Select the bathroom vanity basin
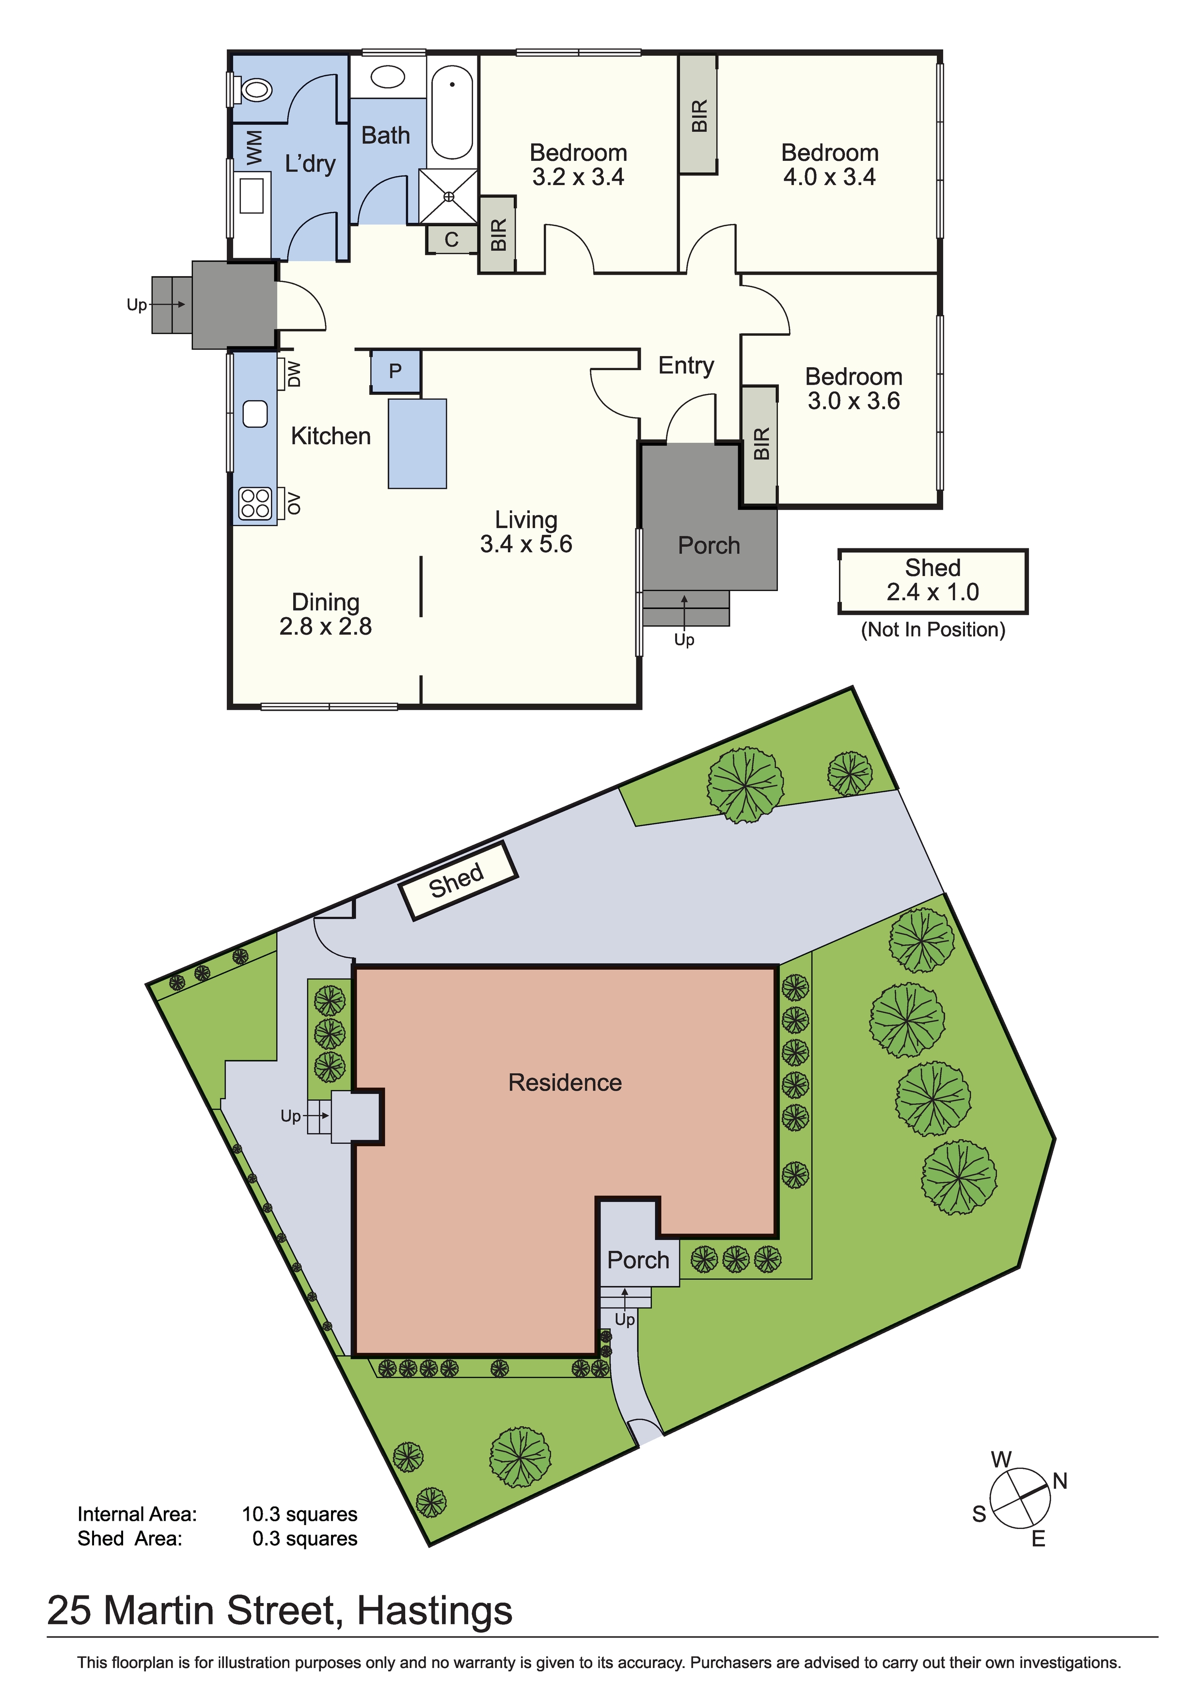point(387,77)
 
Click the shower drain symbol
point(449,197)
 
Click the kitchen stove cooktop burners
point(255,503)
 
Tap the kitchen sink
point(255,414)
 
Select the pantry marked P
point(395,372)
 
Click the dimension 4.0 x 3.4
point(829,177)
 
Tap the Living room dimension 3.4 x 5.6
point(526,544)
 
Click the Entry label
point(686,366)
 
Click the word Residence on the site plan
point(565,1083)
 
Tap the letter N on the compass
point(1060,1481)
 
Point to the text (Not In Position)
point(933,630)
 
